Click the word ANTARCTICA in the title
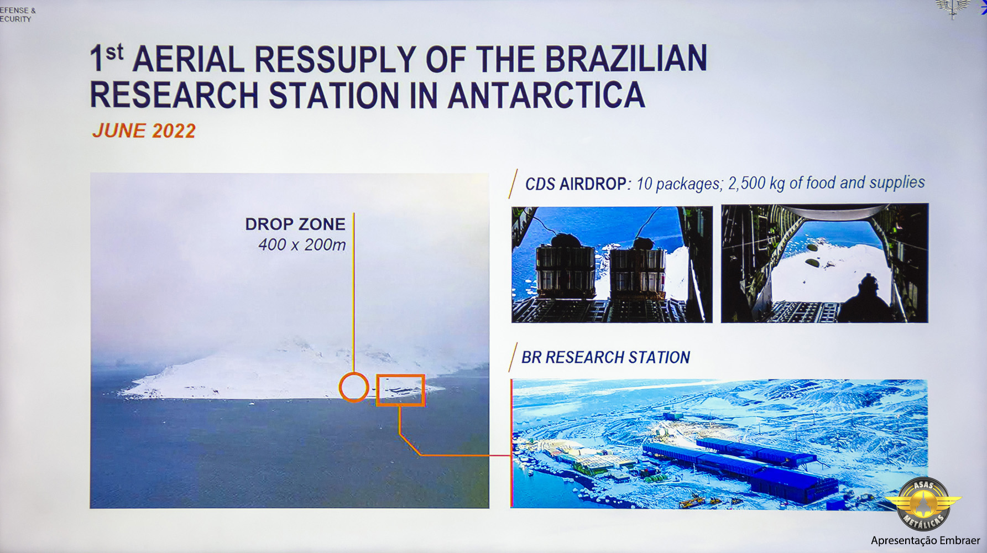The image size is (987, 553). (546, 95)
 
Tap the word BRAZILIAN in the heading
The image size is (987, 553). (626, 59)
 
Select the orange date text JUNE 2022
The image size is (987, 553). (144, 131)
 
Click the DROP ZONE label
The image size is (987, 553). (295, 224)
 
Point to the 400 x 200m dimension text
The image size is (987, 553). (302, 244)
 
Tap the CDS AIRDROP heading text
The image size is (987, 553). (575, 184)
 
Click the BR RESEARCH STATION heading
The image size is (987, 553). (605, 357)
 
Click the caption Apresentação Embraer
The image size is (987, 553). (925, 540)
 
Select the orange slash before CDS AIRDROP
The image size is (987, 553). (513, 184)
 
